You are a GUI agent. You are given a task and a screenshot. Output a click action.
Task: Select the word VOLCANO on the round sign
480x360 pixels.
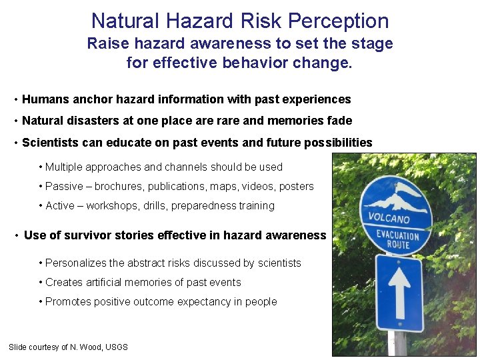pos(389,218)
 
